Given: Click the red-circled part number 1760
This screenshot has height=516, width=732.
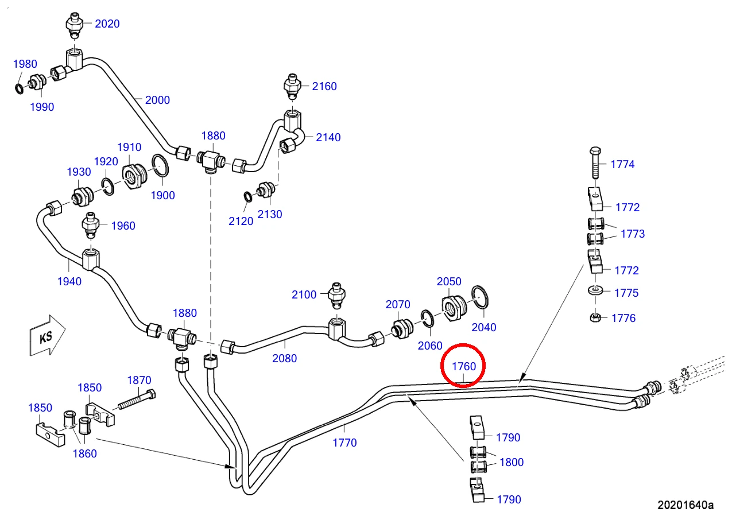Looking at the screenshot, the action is (464, 366).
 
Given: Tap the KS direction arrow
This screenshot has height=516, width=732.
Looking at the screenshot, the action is (48, 336).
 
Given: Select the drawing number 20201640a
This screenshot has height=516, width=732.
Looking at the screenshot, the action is (685, 505).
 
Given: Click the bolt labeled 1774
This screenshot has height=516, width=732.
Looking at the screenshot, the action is (595, 163).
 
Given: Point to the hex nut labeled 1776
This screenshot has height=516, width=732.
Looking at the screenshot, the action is (595, 317).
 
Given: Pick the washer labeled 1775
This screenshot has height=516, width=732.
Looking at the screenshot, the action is (595, 290).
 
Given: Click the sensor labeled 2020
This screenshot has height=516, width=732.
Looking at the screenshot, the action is (75, 25).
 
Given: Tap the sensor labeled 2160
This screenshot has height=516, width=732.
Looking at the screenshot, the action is (292, 87).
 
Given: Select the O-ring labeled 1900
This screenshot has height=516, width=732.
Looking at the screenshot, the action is (160, 165).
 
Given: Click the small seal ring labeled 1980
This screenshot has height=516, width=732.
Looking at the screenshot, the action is (20, 88).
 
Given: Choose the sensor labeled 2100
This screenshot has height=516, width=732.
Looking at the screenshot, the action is (336, 296).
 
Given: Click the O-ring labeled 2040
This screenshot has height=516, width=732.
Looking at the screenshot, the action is (480, 297).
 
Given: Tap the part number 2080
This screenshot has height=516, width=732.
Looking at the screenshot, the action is (284, 359).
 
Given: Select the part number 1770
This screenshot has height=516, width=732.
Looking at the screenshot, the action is (344, 443).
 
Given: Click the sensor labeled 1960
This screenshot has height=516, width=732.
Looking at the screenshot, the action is (90, 225).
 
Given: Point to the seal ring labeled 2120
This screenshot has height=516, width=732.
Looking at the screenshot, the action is (247, 197).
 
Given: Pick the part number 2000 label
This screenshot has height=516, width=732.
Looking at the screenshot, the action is (157, 100).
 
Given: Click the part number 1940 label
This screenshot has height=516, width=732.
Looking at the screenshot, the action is (69, 281).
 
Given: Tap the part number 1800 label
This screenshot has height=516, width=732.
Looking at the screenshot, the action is (512, 463).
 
